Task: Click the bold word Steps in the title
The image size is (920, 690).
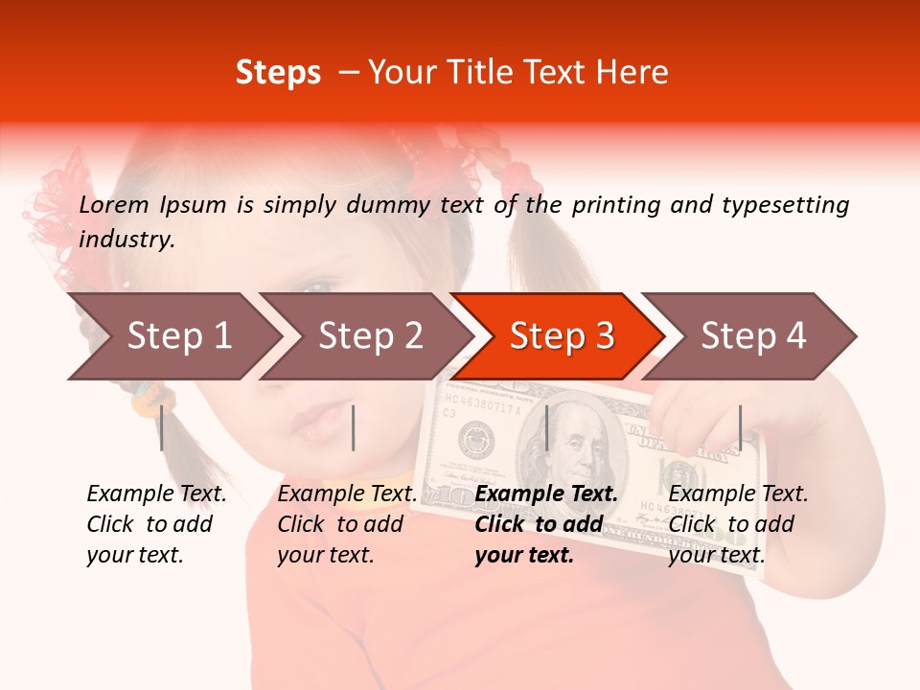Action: (278, 73)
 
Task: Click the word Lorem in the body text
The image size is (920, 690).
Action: (114, 204)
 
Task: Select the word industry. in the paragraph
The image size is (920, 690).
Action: (126, 240)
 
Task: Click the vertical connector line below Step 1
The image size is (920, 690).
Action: (162, 427)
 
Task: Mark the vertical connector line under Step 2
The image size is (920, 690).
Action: (354, 427)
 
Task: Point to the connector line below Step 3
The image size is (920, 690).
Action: (546, 427)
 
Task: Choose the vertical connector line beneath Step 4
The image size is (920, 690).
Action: (740, 427)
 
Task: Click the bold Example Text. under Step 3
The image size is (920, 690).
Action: (546, 494)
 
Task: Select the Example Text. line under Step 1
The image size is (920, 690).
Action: (156, 494)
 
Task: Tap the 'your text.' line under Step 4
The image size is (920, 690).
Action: (716, 555)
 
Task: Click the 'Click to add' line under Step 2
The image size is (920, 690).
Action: (340, 524)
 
